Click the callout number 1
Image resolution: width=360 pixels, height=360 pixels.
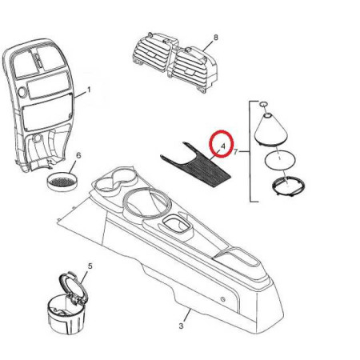pos(89,90)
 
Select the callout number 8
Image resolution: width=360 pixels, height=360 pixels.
pos(216,38)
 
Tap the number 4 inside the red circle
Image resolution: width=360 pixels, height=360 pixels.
pos(223,146)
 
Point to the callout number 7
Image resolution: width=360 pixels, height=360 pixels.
pos(235,152)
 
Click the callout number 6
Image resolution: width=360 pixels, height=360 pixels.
pos(78,155)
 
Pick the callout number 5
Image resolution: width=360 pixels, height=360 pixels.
pos(90,266)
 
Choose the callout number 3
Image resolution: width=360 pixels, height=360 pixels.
pos(181,326)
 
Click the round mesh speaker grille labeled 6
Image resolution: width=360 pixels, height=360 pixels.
pos(62,182)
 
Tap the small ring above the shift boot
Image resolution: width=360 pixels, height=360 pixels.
pos(263,104)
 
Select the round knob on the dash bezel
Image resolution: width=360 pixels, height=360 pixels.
pos(22,92)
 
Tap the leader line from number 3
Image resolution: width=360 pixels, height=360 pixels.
pos(187,315)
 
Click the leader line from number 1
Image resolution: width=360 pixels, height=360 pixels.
pos(80,95)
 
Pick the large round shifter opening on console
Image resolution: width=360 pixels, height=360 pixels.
pos(146,202)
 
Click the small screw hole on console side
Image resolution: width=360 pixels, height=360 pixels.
pos(223,299)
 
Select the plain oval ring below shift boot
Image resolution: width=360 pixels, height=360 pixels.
pos(280,160)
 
